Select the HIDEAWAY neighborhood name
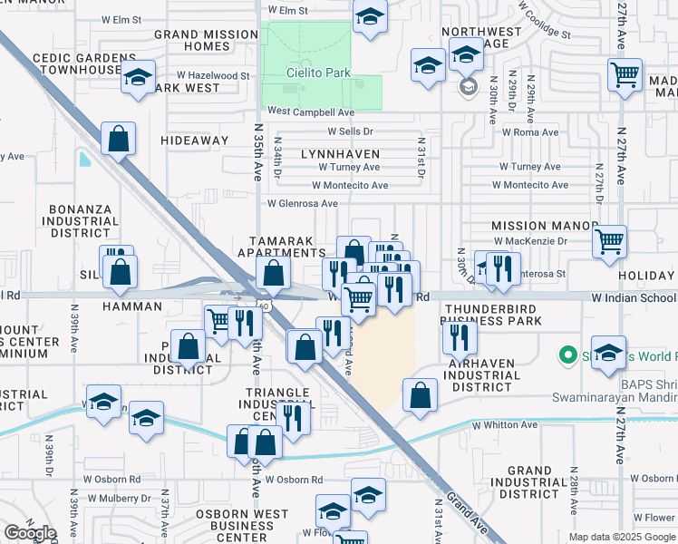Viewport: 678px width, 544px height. tap(195, 141)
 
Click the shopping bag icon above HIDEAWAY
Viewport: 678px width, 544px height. tap(118, 140)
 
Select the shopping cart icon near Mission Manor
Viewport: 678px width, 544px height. tap(609, 241)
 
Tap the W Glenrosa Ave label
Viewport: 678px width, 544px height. tap(303, 203)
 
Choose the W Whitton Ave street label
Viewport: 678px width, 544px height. tap(505, 424)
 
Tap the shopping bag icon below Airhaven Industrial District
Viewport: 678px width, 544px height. tap(419, 395)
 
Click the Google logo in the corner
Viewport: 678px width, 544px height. tap(30, 534)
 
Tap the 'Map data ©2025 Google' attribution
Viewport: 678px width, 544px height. tap(621, 537)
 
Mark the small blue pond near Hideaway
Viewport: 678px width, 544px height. tap(85, 160)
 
